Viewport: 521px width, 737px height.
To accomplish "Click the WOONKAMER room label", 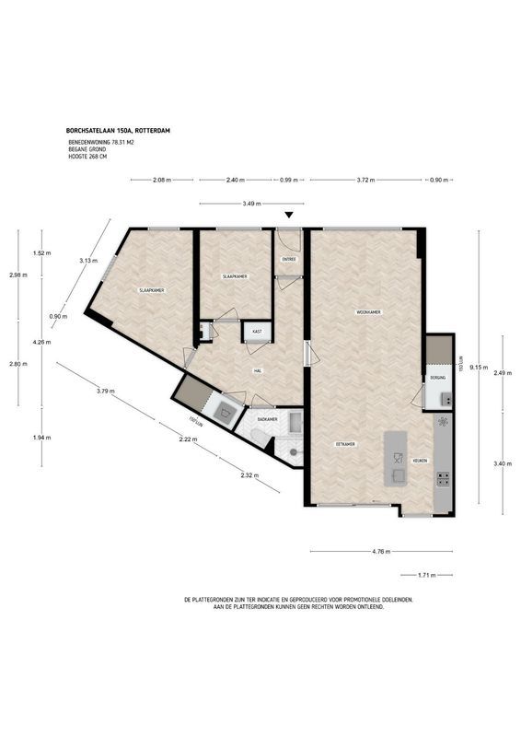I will point(369,312).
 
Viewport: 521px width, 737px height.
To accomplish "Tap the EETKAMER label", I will point(345,444).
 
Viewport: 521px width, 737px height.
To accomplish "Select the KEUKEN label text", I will point(419,461).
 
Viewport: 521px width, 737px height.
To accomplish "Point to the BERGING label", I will point(437,379).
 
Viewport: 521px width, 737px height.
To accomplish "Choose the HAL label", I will point(259,370).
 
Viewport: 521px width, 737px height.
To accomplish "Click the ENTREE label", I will point(289,261).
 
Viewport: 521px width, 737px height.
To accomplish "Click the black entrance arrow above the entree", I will point(289,216).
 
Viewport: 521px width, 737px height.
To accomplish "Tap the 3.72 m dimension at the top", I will point(366,181).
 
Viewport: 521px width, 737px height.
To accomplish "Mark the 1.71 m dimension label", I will point(426,575).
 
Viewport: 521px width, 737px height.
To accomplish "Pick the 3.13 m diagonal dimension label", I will point(87,260).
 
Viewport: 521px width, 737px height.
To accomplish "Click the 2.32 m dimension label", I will point(249,475).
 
